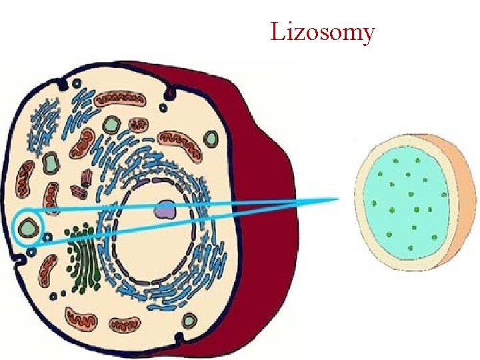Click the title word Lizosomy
click(323, 31)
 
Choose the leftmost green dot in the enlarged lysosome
click(374, 203)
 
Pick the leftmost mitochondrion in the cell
click(25, 178)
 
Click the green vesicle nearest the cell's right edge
click(211, 139)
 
